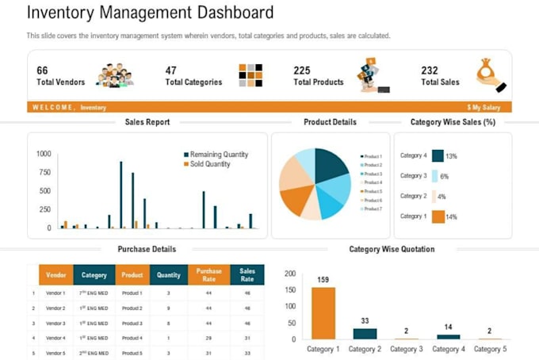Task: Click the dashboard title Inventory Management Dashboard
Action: click(150, 13)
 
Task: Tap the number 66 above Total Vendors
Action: click(42, 71)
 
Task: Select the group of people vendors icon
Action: click(114, 75)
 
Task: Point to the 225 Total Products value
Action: click(301, 71)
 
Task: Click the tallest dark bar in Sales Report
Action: click(120, 194)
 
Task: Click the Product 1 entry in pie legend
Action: click(373, 156)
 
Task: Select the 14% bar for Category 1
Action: click(438, 216)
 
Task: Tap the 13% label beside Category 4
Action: click(451, 156)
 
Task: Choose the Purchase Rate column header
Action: click(208, 275)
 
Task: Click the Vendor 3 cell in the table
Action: click(55, 324)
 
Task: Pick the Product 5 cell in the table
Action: click(132, 353)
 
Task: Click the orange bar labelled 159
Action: click(323, 313)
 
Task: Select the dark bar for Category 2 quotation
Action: click(365, 334)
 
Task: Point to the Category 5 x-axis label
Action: click(489, 349)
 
